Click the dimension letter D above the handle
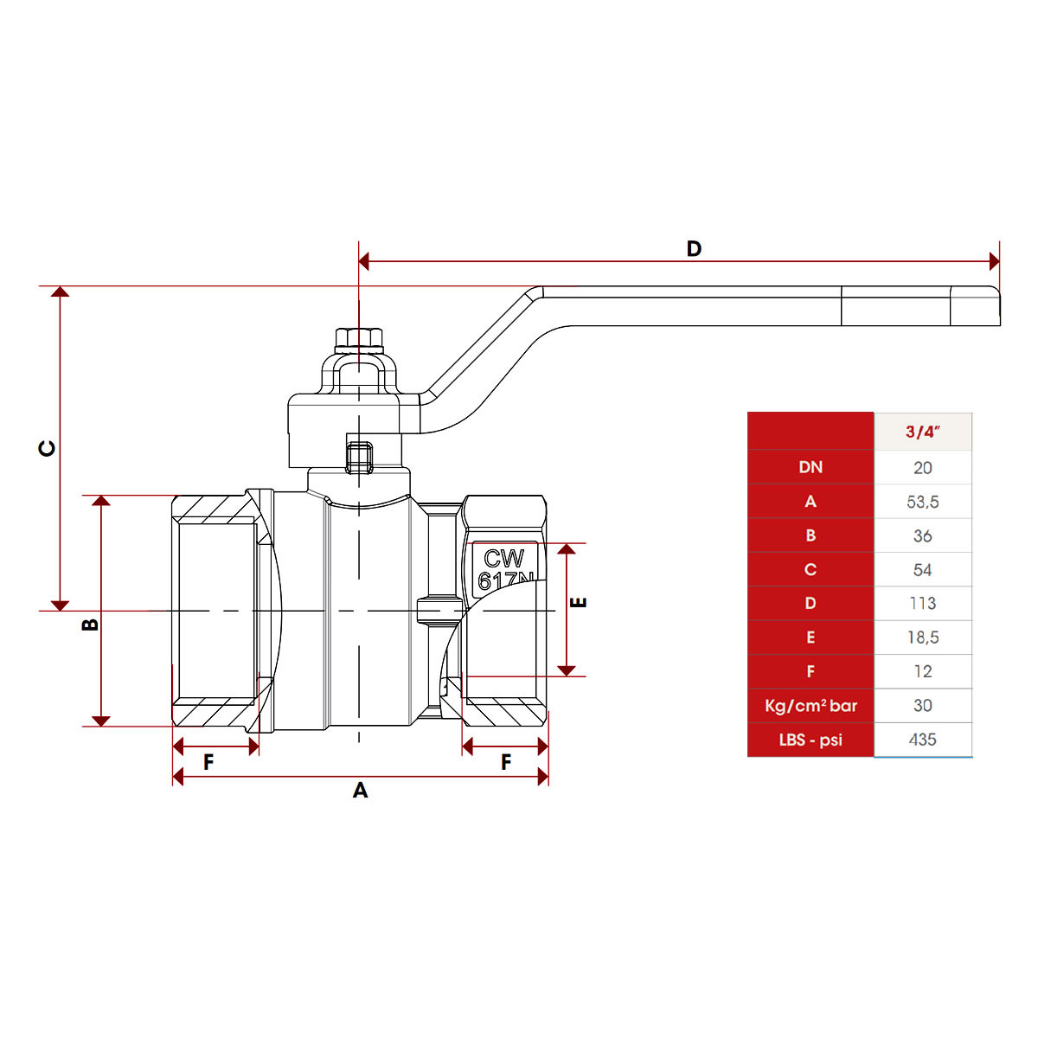(694, 249)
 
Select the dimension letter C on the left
(48, 448)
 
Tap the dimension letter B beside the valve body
(90, 624)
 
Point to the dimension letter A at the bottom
(361, 791)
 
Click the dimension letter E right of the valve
(580, 602)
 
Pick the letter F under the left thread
(208, 762)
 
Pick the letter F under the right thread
(506, 762)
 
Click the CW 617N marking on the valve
(505, 569)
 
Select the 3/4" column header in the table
(922, 432)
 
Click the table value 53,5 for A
(922, 502)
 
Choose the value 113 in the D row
(922, 604)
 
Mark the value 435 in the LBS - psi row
(922, 740)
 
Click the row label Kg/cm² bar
(811, 706)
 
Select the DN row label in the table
(811, 467)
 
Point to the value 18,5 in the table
(922, 638)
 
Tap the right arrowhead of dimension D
(995, 261)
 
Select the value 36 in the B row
(922, 536)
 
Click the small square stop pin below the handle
(359, 457)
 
